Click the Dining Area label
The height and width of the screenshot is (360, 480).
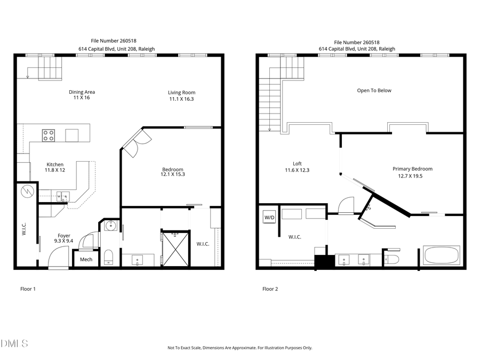[82, 92]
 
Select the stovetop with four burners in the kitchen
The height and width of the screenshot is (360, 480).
[49, 135]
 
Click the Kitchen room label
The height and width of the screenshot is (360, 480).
[55, 164]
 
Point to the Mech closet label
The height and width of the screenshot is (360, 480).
[86, 260]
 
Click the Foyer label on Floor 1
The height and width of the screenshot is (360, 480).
[64, 235]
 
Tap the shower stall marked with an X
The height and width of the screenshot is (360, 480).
[175, 247]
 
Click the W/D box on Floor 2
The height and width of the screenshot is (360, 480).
[268, 217]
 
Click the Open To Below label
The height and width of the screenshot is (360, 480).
[374, 91]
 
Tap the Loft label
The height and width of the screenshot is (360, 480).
[297, 164]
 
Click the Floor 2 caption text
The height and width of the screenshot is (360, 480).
[270, 289]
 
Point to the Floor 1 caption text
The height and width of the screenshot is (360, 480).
[28, 289]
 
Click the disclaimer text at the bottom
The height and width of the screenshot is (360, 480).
[239, 348]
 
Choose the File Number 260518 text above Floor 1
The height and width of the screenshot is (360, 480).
[116, 40]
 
